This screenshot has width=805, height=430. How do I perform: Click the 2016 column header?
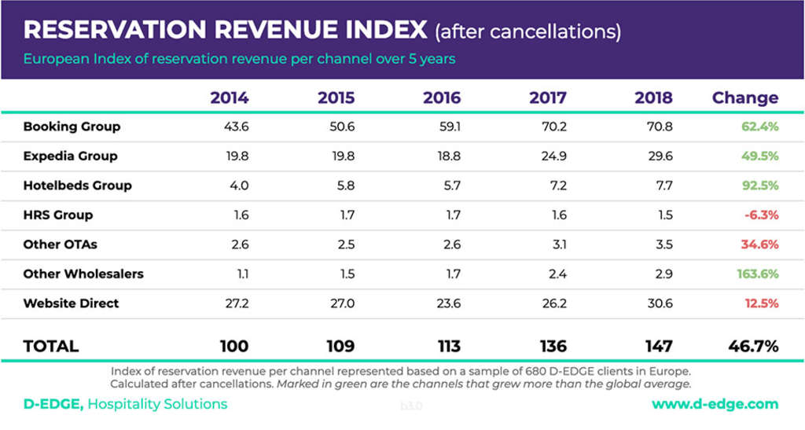(x=441, y=98)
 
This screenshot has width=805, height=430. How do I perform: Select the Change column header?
(x=744, y=98)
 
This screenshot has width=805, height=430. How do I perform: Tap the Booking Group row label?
(x=72, y=127)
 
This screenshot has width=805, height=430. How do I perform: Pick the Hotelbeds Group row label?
(x=77, y=186)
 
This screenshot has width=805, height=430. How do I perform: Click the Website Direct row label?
(x=71, y=303)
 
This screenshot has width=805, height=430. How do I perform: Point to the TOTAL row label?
(x=51, y=346)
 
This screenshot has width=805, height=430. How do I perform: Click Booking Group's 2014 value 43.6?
(x=236, y=127)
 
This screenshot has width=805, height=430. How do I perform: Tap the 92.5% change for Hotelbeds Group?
(x=759, y=186)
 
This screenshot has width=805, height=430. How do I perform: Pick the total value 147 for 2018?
(x=657, y=346)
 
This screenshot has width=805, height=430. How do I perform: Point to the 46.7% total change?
(x=753, y=346)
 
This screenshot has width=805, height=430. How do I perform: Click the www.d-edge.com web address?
(x=715, y=405)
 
